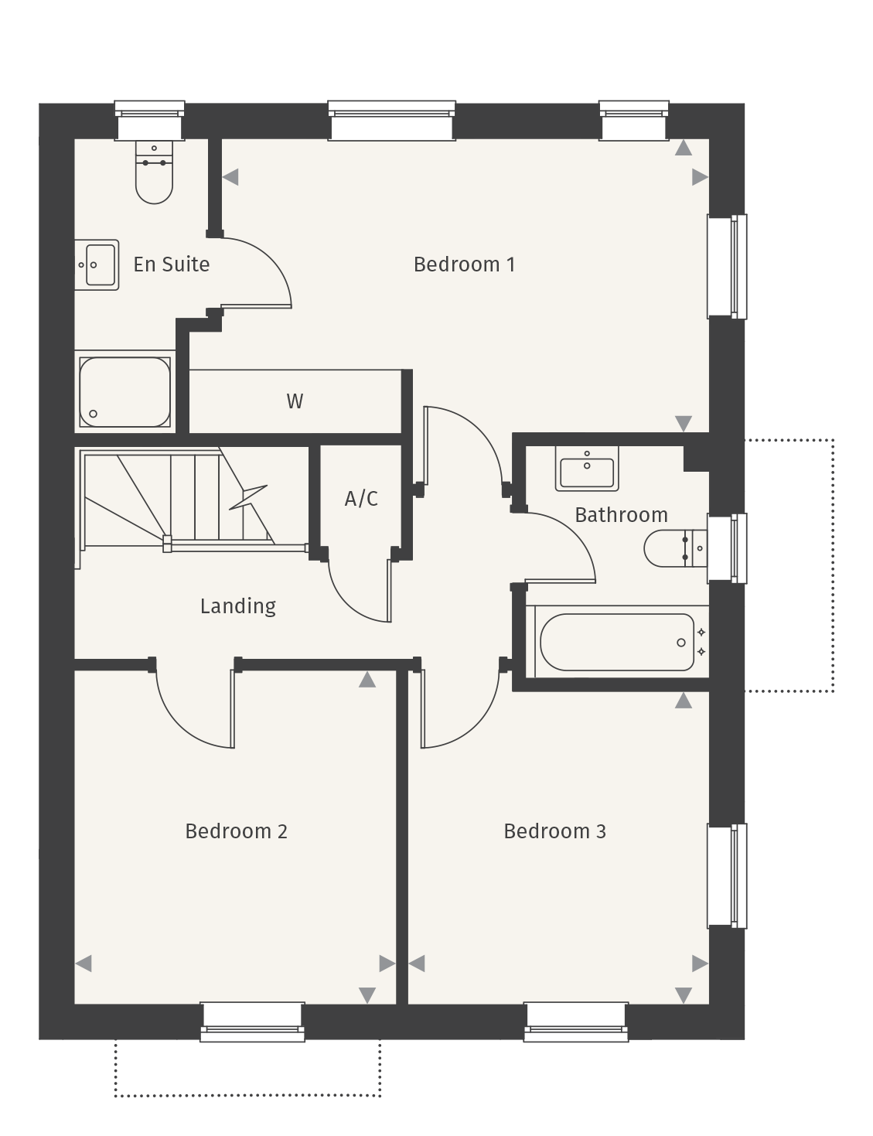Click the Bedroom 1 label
[x=464, y=264]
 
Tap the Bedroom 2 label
[x=236, y=831]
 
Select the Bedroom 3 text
[x=554, y=831]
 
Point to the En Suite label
[x=171, y=264]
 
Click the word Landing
[x=237, y=606]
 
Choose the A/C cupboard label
[x=361, y=499]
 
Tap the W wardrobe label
[x=295, y=401]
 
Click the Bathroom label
[x=621, y=515]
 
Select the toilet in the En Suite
[x=154, y=173]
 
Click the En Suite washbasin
[x=97, y=264]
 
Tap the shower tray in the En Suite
[x=124, y=391]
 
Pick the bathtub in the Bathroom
[x=617, y=642]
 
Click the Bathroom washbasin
[x=587, y=469]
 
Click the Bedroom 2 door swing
[x=193, y=708]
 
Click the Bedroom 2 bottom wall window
[x=252, y=1022]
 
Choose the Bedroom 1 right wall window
[x=727, y=266]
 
